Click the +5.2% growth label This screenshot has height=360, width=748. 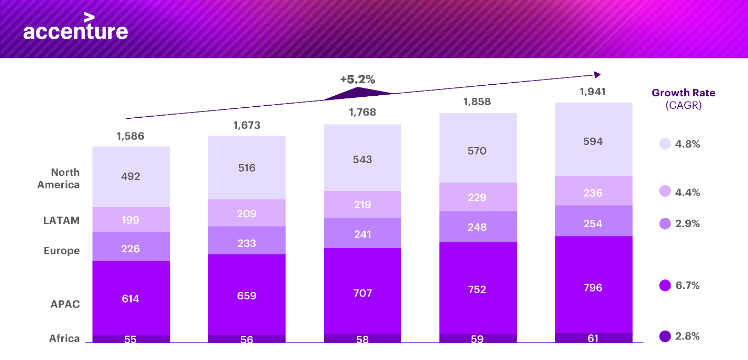point(358,80)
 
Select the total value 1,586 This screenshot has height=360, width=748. point(130,137)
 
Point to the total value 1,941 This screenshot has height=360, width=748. point(593,92)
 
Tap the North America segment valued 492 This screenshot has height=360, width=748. point(131,176)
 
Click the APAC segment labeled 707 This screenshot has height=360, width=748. point(362,292)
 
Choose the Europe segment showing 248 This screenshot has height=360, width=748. point(477,227)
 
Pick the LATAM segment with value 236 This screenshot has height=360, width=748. point(593,193)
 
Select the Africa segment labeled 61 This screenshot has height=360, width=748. point(593,338)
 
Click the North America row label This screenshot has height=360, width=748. point(59,178)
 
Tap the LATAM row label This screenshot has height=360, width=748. point(62,220)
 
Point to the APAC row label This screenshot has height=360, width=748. point(65,304)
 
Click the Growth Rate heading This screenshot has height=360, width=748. point(683,93)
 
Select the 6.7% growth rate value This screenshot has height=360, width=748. point(687,286)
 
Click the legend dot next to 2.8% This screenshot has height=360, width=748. point(665,336)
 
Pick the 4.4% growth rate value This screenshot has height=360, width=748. point(687,192)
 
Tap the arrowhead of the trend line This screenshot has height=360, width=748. point(597,75)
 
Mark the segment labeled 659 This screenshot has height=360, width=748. point(246,296)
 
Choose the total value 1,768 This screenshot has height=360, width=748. point(362,113)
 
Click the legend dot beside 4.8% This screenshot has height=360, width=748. point(665,144)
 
